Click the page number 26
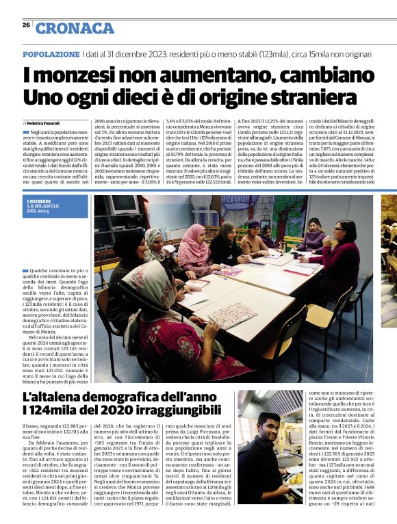coord(26,25)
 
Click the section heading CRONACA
coord(75,28)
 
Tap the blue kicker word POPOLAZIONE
coord(51,54)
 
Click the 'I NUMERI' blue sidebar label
coord(39,200)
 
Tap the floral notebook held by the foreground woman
coord(227,316)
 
